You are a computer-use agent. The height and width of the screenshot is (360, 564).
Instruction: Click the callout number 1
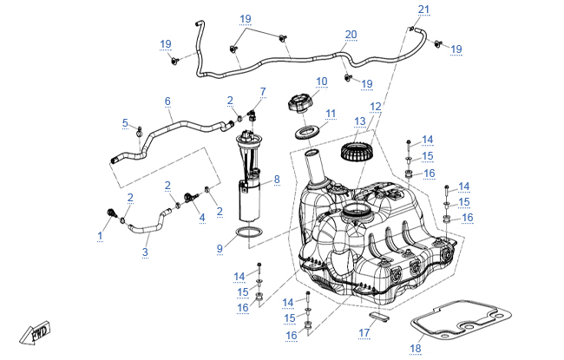[x=101, y=235]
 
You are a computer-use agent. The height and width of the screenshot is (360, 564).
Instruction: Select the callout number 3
[x=145, y=252]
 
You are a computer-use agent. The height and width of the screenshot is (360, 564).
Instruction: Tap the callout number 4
[x=201, y=217]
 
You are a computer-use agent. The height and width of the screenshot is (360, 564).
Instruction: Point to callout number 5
[x=125, y=122]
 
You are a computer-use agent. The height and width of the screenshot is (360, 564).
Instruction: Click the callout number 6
[x=167, y=101]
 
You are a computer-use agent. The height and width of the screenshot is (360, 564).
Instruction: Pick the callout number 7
[x=263, y=90]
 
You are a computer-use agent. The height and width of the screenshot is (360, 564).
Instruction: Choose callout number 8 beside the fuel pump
[x=277, y=180]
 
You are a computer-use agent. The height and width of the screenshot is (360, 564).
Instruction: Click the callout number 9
[x=220, y=248]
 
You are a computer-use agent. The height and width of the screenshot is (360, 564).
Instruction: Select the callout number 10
[x=322, y=82]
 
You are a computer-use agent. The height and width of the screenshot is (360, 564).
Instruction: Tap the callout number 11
[x=330, y=114]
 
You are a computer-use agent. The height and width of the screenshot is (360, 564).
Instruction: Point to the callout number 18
[x=415, y=349]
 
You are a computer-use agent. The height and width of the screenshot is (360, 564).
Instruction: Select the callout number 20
[x=351, y=35]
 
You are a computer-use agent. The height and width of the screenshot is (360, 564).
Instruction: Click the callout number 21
[x=423, y=10]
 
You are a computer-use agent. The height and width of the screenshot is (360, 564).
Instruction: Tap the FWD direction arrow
[x=38, y=333]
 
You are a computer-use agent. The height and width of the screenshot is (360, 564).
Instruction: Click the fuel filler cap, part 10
[x=298, y=106]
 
